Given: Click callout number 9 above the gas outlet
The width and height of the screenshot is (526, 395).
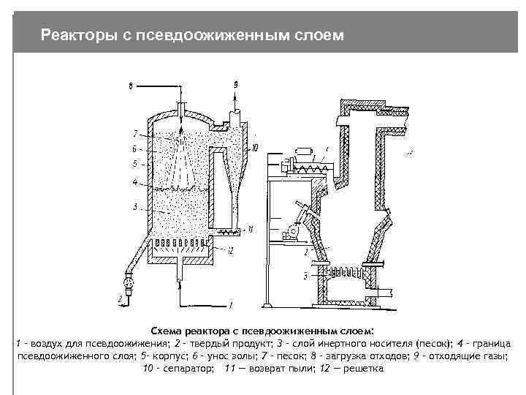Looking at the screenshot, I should tap(236, 85).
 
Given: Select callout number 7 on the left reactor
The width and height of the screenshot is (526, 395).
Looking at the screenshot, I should tap(135, 133).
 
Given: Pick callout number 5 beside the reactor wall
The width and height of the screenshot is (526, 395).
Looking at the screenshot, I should tap(135, 163).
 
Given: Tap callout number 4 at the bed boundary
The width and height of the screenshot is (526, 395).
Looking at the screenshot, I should tap(135, 181).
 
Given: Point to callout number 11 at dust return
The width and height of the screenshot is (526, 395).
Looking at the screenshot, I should tap(251, 229).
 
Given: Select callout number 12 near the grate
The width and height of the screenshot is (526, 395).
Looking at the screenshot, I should tap(229, 251).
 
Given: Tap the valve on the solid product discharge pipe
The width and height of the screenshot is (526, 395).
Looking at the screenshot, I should tap(129, 280).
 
